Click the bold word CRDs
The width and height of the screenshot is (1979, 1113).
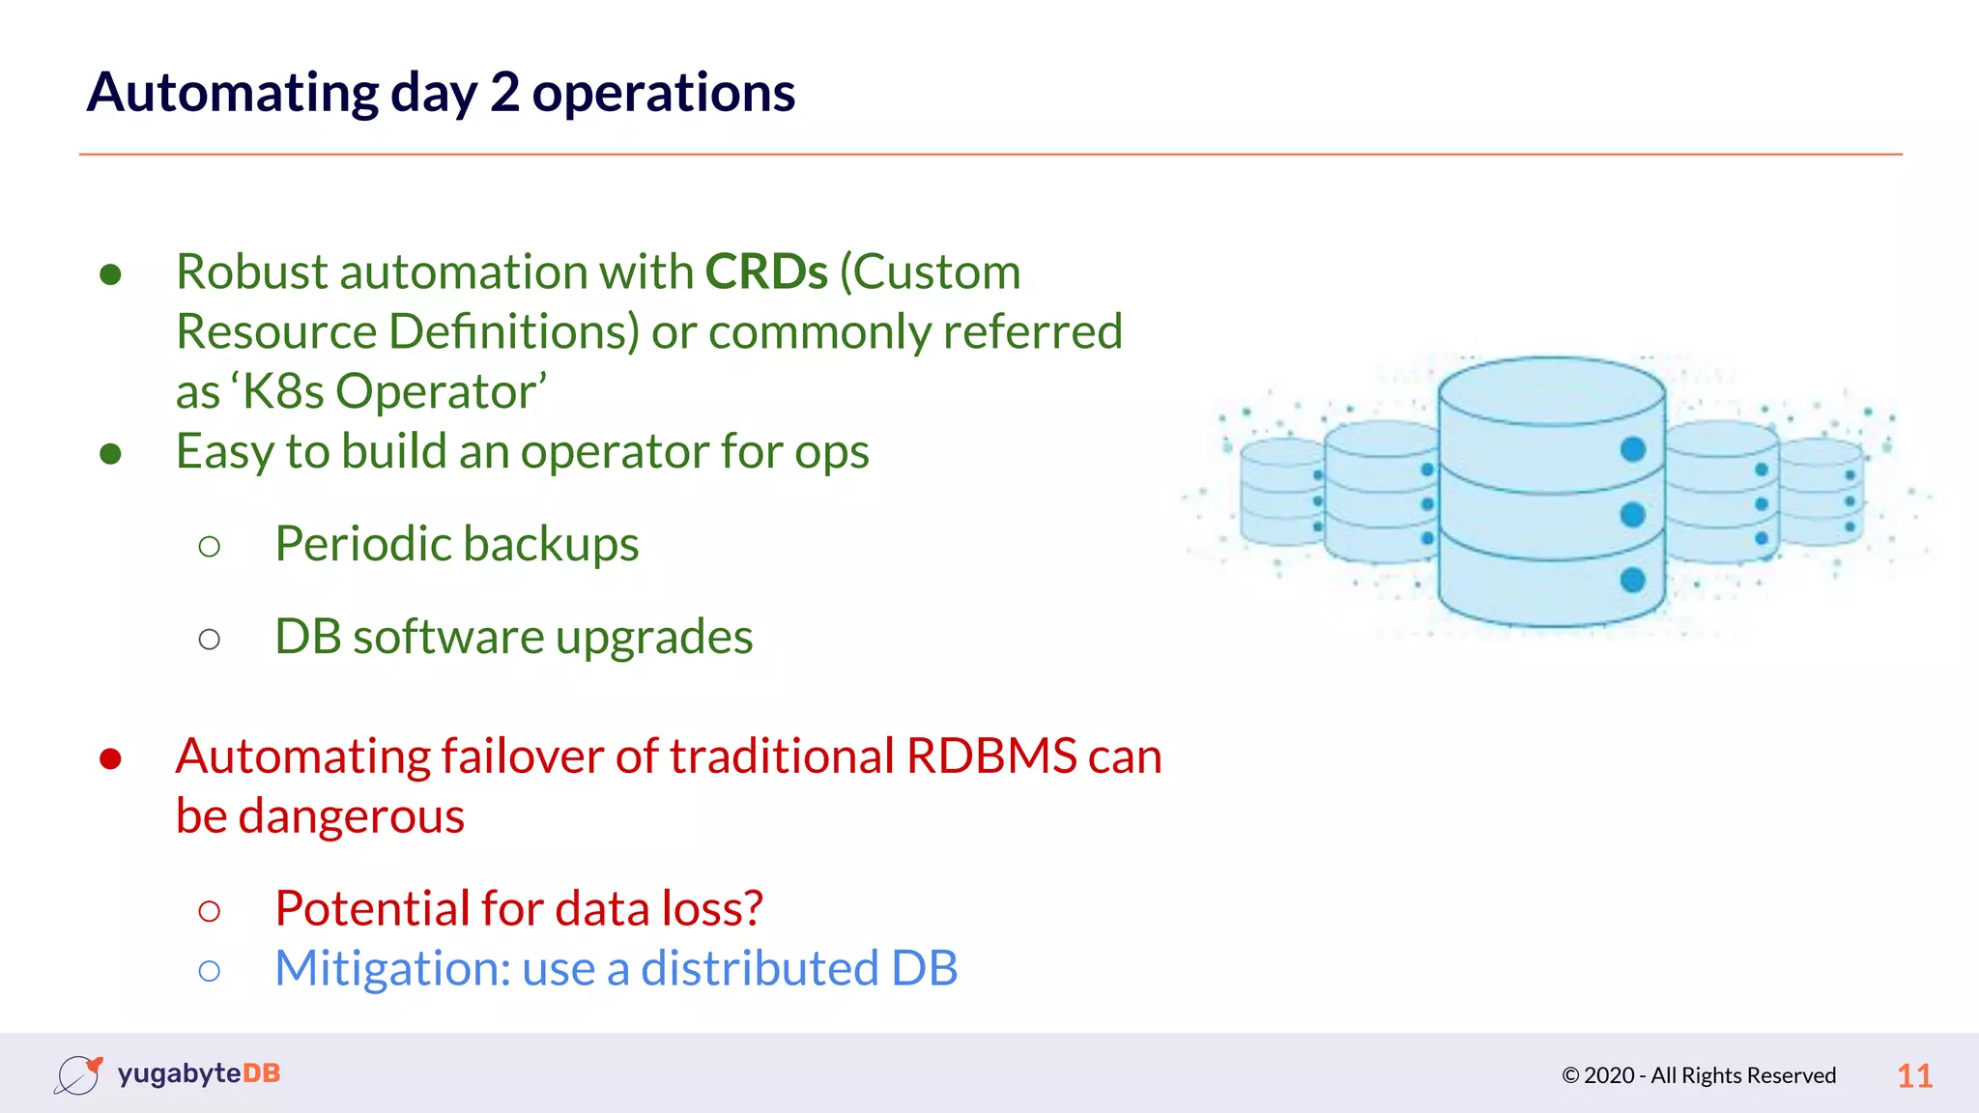coord(766,271)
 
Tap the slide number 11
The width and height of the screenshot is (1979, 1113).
coord(1914,1075)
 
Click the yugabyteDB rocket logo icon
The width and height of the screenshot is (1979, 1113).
coord(78,1074)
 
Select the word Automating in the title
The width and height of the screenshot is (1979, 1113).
coord(232,93)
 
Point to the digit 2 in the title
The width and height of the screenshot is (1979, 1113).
coord(504,93)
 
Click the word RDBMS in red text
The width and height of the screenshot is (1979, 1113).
coord(991,756)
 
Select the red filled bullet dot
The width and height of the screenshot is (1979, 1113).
coord(110,759)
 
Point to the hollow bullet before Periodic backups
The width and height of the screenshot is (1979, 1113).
coord(209,547)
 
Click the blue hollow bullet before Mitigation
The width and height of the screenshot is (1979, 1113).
coord(209,970)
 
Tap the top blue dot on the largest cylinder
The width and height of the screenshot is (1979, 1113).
coord(1633,449)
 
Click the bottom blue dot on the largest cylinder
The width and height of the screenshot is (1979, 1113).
coord(1633,580)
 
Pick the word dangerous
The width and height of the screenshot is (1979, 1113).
coord(352,816)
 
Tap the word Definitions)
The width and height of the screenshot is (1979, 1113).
coord(515,331)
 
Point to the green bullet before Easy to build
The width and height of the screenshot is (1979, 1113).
coord(110,453)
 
